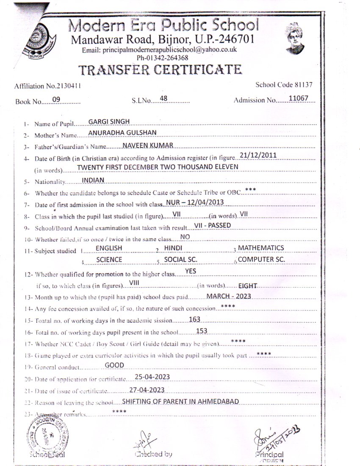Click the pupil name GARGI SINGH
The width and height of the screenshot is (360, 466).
[109, 122]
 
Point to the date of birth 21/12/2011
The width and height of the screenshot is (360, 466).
[258, 155]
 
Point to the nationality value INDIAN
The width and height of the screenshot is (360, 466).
[93, 180]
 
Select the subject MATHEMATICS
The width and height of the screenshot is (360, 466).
[261, 248]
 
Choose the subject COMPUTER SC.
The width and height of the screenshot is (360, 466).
[261, 260]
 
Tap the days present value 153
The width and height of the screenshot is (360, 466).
[202, 331]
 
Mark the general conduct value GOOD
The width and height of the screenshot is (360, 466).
[114, 365]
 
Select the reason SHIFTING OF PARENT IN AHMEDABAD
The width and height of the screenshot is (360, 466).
[180, 401]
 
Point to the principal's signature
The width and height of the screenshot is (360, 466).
[273, 436]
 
